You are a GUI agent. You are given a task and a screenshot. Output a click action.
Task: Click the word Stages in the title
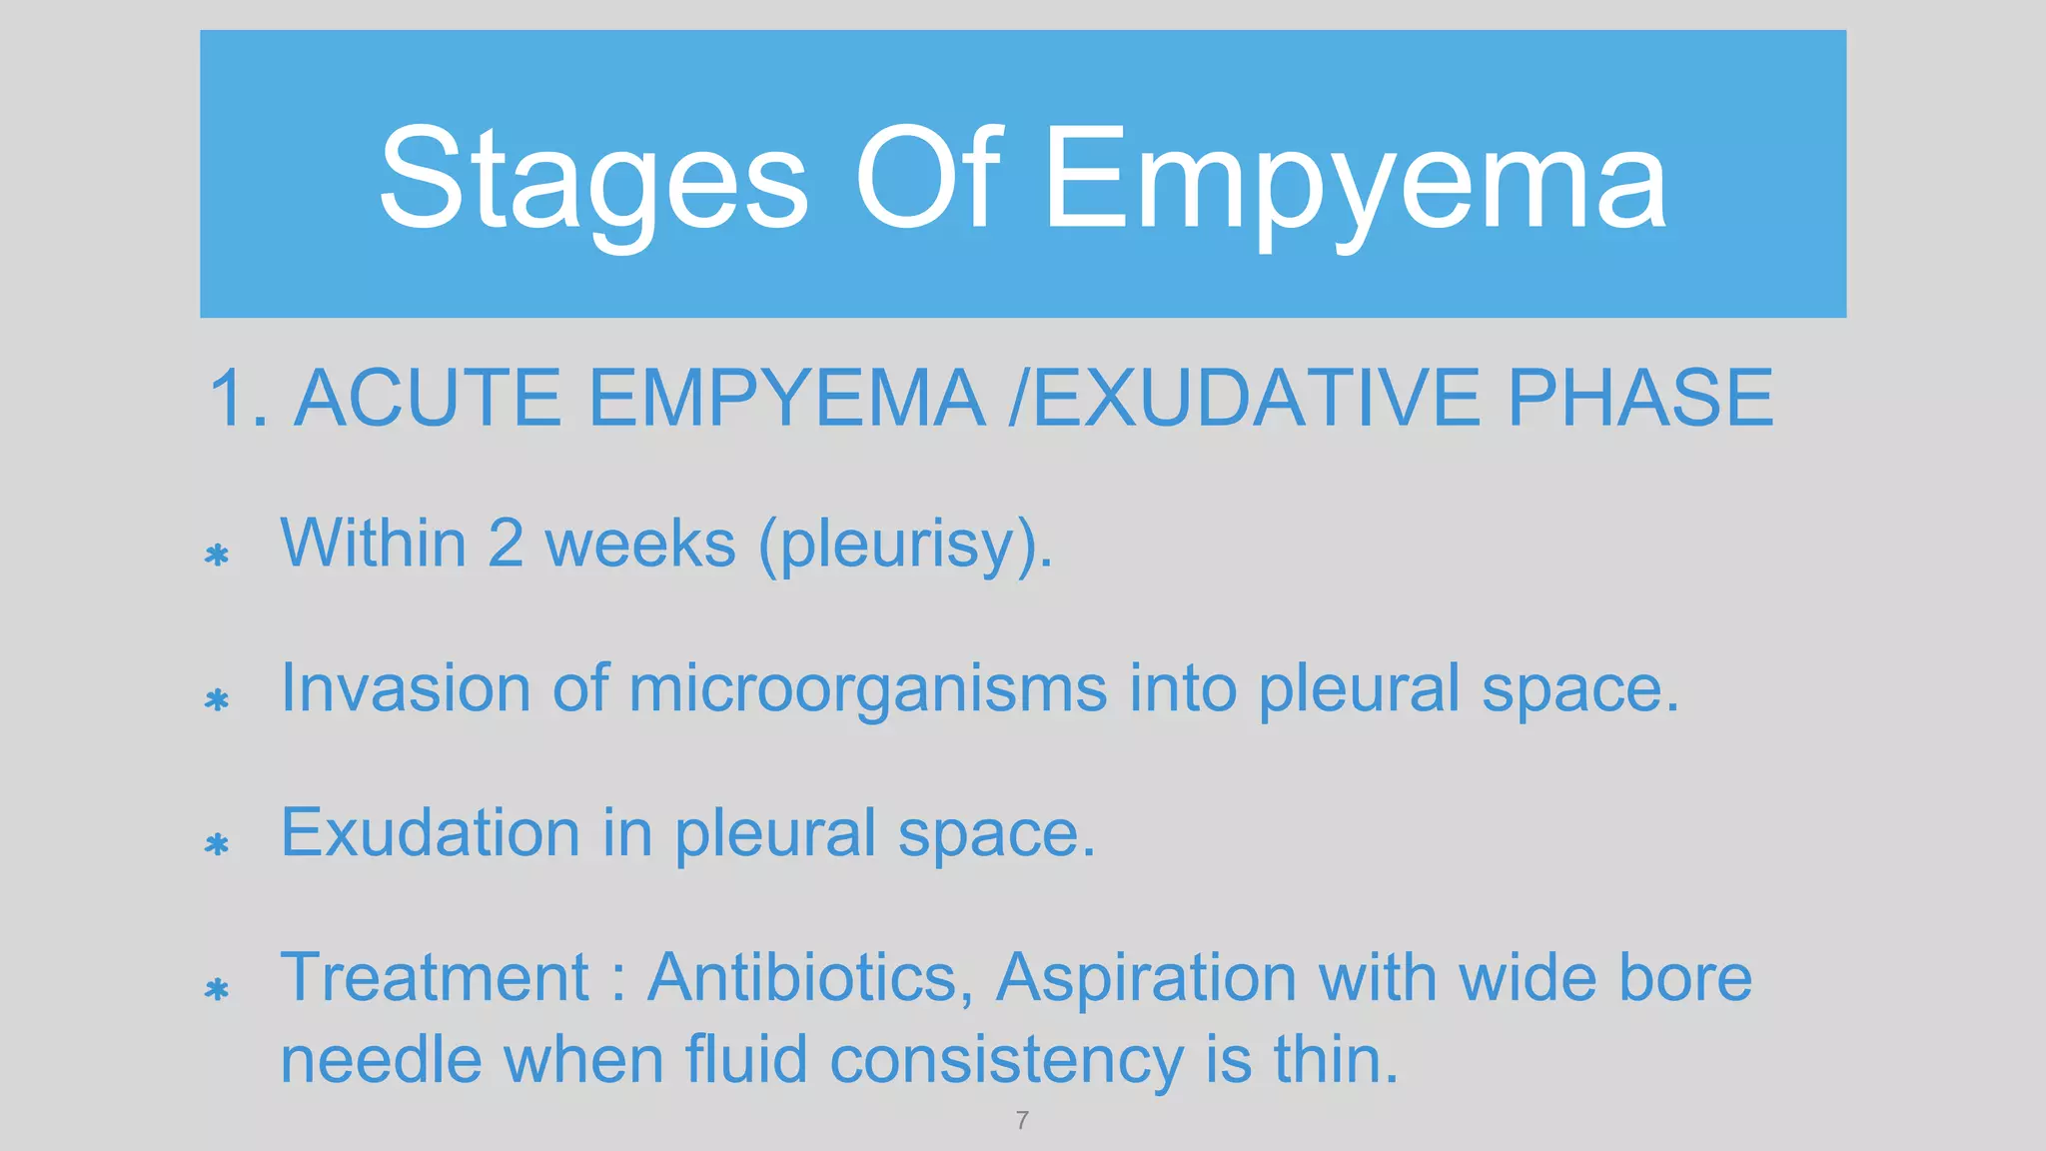pyautogui.click(x=593, y=180)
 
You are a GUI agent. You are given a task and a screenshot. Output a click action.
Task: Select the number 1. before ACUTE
pyautogui.click(x=238, y=399)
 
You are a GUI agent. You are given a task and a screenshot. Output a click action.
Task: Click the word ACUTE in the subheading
pyautogui.click(x=428, y=399)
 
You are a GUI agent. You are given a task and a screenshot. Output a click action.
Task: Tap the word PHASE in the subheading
pyautogui.click(x=1639, y=399)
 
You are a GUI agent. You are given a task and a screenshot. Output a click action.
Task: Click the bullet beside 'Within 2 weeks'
pyautogui.click(x=217, y=555)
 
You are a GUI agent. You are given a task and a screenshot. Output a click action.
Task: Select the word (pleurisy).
pyautogui.click(x=905, y=546)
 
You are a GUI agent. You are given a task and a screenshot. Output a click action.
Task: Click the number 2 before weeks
pyautogui.click(x=506, y=544)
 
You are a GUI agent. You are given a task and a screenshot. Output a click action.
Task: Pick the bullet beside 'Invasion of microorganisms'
pyautogui.click(x=217, y=699)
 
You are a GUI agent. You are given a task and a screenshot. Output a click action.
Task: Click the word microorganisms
pyautogui.click(x=867, y=689)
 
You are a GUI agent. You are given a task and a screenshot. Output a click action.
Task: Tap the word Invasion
pyautogui.click(x=405, y=688)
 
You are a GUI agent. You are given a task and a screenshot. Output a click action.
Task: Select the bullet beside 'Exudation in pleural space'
pyautogui.click(x=217, y=844)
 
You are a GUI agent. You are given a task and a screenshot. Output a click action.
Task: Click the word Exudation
pyautogui.click(x=430, y=833)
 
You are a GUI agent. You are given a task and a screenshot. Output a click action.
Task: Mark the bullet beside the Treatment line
pyautogui.click(x=217, y=989)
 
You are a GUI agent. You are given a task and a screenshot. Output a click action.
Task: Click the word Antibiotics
pyautogui.click(x=810, y=977)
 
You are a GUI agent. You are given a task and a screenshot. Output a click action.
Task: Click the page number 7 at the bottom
pyautogui.click(x=1022, y=1120)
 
